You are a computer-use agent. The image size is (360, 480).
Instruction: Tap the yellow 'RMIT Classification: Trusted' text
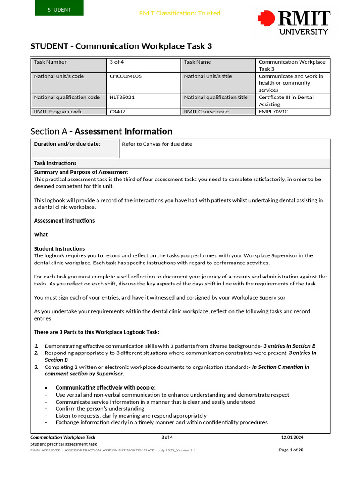[180, 13]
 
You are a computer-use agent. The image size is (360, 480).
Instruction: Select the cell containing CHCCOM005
[143, 83]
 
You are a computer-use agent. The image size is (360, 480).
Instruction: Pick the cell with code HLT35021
[143, 101]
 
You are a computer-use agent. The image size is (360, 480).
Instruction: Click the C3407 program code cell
[143, 112]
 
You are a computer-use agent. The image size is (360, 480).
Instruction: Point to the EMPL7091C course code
[293, 112]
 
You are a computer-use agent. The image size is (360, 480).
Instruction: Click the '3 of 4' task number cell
[143, 65]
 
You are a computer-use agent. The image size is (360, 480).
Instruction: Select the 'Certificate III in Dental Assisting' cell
[293, 101]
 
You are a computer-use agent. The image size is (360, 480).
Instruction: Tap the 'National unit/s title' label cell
[218, 83]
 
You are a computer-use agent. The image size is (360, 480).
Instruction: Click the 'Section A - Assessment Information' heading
[101, 131]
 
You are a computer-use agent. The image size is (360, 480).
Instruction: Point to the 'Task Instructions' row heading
[55, 163]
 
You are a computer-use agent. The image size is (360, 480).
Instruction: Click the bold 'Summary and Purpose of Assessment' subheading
[81, 172]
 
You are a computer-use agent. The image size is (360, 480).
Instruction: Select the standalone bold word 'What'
[41, 234]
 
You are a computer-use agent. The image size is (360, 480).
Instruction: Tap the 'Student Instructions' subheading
[60, 248]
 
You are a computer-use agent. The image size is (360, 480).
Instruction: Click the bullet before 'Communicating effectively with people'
[46, 388]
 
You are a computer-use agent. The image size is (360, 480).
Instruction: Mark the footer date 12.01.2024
[292, 437]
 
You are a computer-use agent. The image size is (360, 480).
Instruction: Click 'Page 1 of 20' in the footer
[291, 450]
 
